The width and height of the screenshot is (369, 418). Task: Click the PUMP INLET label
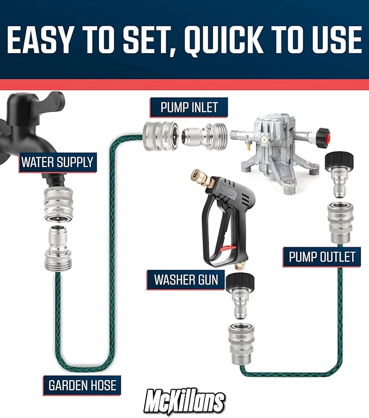189,107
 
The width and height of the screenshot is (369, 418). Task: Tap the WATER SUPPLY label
57,161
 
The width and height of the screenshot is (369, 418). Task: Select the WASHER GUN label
186,280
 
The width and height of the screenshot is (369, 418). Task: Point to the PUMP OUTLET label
322,256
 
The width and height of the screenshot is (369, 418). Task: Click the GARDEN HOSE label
82,385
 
